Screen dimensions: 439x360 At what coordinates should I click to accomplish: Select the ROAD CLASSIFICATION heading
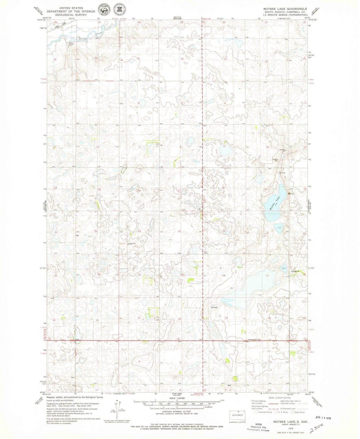coord(279,398)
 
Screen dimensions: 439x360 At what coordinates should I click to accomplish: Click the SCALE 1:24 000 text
coord(177,398)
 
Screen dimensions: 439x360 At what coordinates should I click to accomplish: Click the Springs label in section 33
coord(214,307)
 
